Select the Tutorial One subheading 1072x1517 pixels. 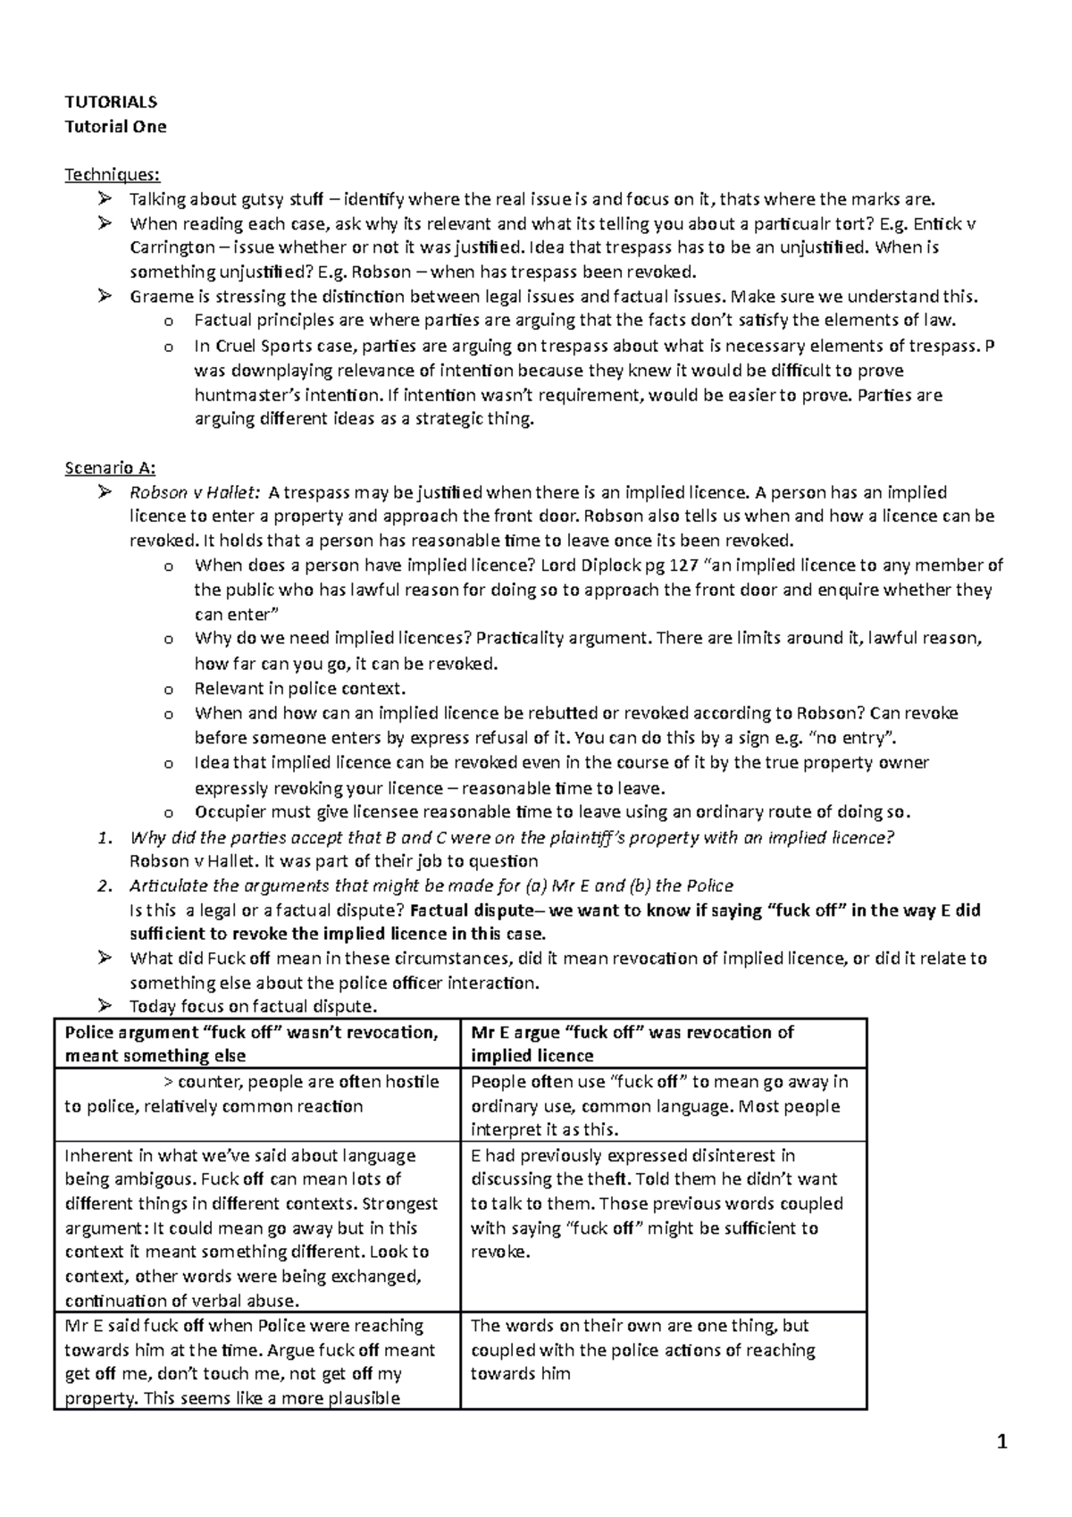coord(115,126)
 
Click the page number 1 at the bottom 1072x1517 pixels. coord(1002,1442)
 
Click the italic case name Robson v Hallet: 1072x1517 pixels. coord(195,492)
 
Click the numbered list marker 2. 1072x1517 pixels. coord(105,886)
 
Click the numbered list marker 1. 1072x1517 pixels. coord(105,838)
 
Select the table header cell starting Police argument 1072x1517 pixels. coord(256,1043)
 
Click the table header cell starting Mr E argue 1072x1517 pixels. coord(662,1043)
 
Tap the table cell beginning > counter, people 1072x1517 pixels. coord(256,1094)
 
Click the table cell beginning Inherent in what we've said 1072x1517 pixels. coord(256,1227)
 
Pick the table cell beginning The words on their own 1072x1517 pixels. coord(662,1350)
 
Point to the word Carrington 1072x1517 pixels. coord(172,247)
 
